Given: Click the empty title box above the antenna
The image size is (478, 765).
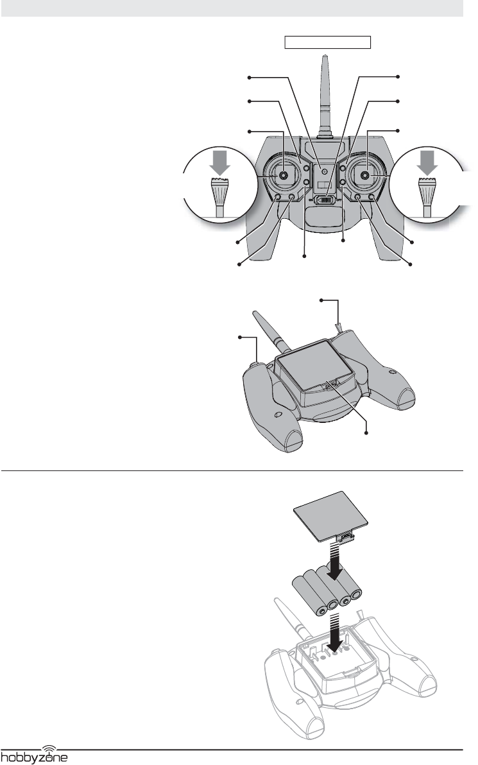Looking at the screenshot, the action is (x=328, y=42).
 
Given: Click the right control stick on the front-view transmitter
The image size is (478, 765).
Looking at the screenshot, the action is (x=364, y=175).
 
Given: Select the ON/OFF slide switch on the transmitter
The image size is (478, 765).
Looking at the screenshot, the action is (x=325, y=200).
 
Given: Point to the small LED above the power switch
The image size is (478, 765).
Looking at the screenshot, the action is (x=324, y=171).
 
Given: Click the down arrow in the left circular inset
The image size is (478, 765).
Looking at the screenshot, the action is (x=220, y=162).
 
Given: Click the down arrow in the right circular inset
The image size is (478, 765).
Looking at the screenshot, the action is (x=428, y=162).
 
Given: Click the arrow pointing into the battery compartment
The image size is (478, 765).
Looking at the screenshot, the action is (x=335, y=633).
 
